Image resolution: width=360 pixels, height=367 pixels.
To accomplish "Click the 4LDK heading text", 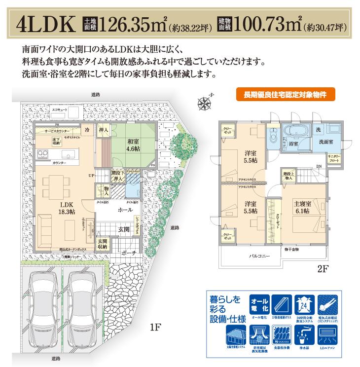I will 45,23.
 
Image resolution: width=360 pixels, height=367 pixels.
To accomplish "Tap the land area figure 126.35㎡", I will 131,23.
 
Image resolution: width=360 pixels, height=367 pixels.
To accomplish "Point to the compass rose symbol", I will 204,103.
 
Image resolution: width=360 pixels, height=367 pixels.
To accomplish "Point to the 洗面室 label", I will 325,142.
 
